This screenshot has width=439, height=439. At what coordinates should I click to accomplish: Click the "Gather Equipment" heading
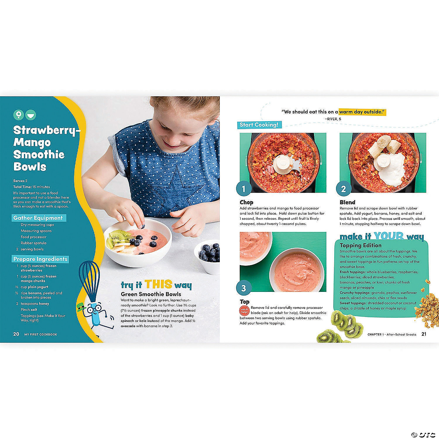coord(38,218)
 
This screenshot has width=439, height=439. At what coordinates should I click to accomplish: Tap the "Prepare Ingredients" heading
coord(40,259)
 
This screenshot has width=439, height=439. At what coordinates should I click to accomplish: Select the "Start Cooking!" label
coord(258,125)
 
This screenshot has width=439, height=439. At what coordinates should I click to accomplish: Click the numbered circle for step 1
coord(243,189)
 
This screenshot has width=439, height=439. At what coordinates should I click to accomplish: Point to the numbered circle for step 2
coord(343,189)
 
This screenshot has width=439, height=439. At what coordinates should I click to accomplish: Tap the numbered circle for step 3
coord(243,288)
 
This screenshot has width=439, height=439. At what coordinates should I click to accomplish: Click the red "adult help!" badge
coord(244,310)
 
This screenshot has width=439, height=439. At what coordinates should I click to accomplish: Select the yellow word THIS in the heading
coord(158,284)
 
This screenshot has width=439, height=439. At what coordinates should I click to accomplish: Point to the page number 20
coord(16,334)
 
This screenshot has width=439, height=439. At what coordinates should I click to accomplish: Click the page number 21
coord(424,334)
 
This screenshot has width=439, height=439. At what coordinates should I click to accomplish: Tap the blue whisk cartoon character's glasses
coord(94,308)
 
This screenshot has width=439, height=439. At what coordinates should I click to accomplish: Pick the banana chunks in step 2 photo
coord(379,148)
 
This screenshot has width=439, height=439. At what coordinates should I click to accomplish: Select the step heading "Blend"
coord(347,202)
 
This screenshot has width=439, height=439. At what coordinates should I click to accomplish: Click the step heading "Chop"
coord(246,202)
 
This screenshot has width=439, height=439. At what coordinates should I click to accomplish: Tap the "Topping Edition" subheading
coord(360,245)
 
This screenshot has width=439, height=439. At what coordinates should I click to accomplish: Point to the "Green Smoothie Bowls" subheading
coord(151,294)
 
